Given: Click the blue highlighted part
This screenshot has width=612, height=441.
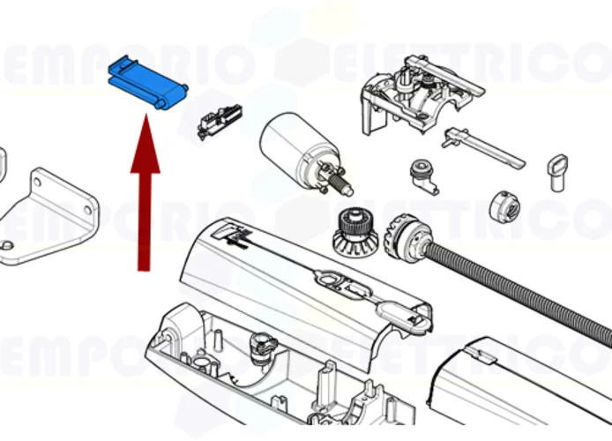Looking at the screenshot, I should (x=146, y=85).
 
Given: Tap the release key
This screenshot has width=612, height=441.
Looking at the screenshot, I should (x=556, y=170).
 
